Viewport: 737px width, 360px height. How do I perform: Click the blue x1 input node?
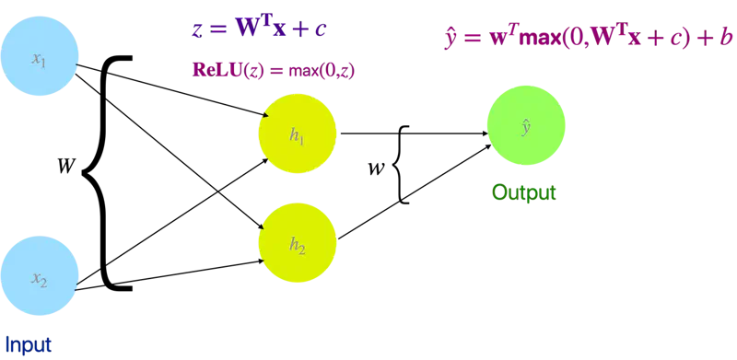tap(39, 61)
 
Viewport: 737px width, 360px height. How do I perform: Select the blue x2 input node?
tap(39, 279)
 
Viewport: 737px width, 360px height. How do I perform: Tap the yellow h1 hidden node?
tap(297, 135)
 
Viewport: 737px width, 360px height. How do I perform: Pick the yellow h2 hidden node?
tap(297, 245)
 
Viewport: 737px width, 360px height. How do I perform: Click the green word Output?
tap(525, 193)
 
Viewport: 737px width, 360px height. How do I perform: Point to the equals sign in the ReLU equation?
tap(276, 71)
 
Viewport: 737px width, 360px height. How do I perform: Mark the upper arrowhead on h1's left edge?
tap(263, 115)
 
